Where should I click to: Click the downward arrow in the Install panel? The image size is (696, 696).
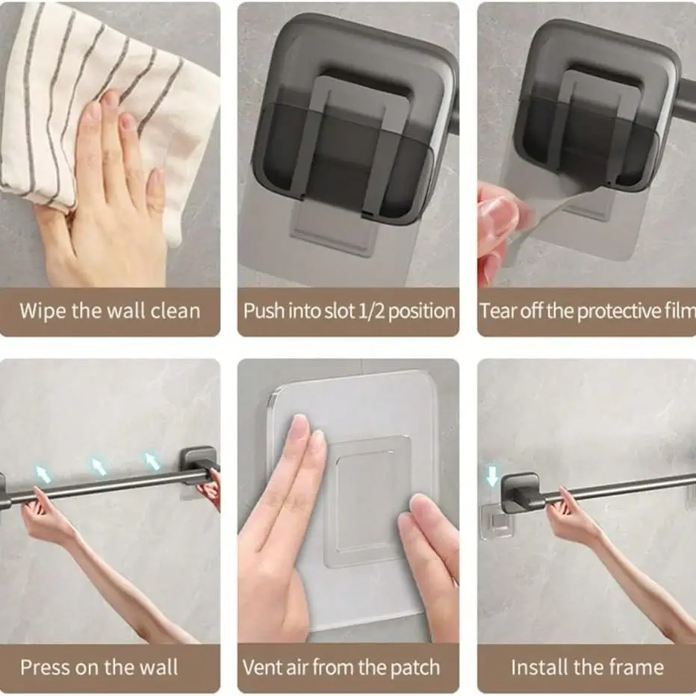[492, 476]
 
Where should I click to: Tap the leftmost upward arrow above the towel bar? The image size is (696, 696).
[43, 473]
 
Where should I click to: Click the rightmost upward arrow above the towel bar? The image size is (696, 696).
[152, 461]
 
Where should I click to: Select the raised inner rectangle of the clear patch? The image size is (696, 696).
[366, 502]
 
